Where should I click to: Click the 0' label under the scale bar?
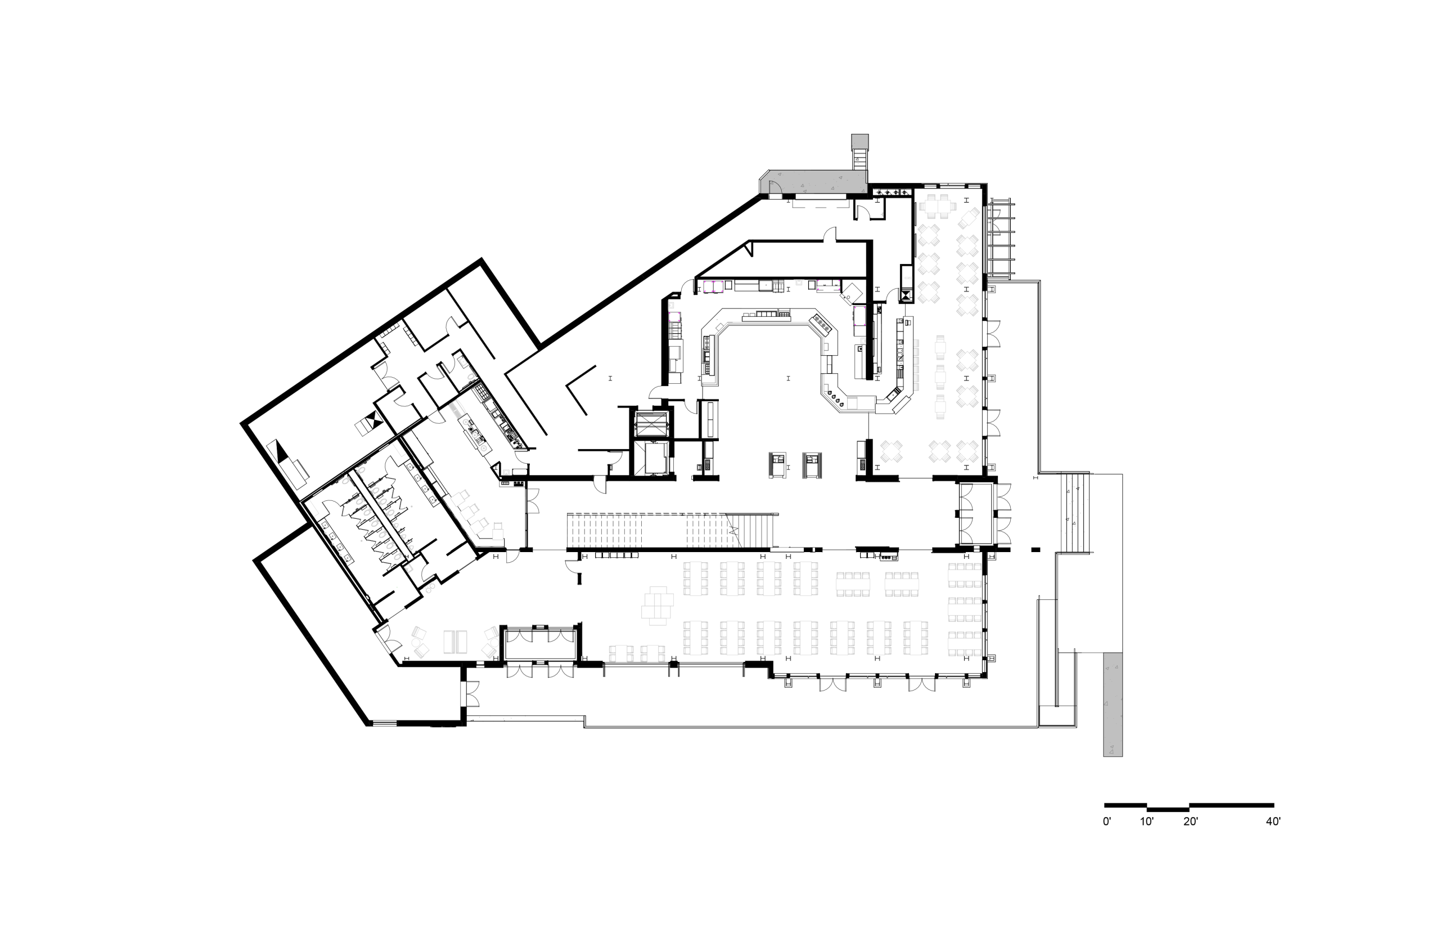click(1107, 822)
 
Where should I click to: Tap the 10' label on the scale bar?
click(1147, 822)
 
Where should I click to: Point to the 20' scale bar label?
click(1190, 822)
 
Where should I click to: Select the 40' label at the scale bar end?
click(1273, 822)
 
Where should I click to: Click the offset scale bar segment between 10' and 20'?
click(1168, 809)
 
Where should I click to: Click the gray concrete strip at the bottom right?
click(1113, 705)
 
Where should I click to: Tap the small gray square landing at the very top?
click(859, 142)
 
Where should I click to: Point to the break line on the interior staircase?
click(735, 530)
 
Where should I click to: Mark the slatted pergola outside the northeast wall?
click(1000, 239)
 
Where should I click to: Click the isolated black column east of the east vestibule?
click(1036, 549)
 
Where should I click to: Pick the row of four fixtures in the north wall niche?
click(892, 192)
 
